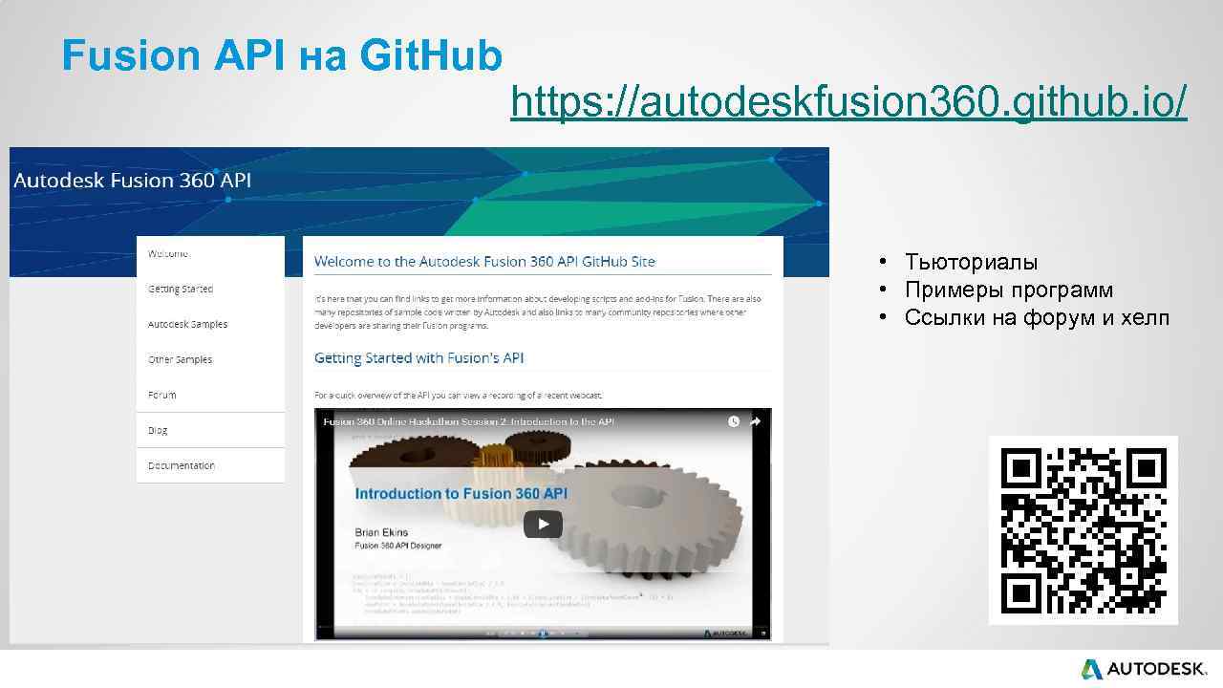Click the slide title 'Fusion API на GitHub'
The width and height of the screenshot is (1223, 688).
click(x=282, y=56)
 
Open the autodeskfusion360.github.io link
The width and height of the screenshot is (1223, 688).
click(x=848, y=101)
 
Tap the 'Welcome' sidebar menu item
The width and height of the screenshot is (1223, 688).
click(x=169, y=254)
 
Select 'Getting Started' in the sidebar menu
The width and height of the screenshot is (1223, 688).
click(x=181, y=290)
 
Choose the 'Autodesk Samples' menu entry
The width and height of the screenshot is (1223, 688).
click(x=188, y=325)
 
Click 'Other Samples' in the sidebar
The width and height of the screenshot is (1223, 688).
click(x=181, y=360)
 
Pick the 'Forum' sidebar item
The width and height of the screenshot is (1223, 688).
click(x=162, y=395)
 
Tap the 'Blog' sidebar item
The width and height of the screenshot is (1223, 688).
click(x=159, y=430)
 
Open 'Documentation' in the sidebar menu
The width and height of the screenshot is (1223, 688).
click(x=182, y=465)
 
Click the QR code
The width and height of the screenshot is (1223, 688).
click(x=1084, y=531)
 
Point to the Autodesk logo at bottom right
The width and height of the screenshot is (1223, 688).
click(x=1143, y=669)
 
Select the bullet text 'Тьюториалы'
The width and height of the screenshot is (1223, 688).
click(x=971, y=263)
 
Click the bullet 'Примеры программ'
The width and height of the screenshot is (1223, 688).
click(x=1008, y=290)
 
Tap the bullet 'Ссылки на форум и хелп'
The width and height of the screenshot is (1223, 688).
click(x=1036, y=318)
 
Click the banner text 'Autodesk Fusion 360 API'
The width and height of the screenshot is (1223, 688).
click(x=133, y=181)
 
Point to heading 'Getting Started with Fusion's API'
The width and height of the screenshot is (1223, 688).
click(x=419, y=358)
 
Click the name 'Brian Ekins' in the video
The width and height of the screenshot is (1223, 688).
click(x=381, y=532)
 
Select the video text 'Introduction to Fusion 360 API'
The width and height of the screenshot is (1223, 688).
click(x=461, y=494)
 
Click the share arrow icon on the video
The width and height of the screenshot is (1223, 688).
click(x=755, y=421)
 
